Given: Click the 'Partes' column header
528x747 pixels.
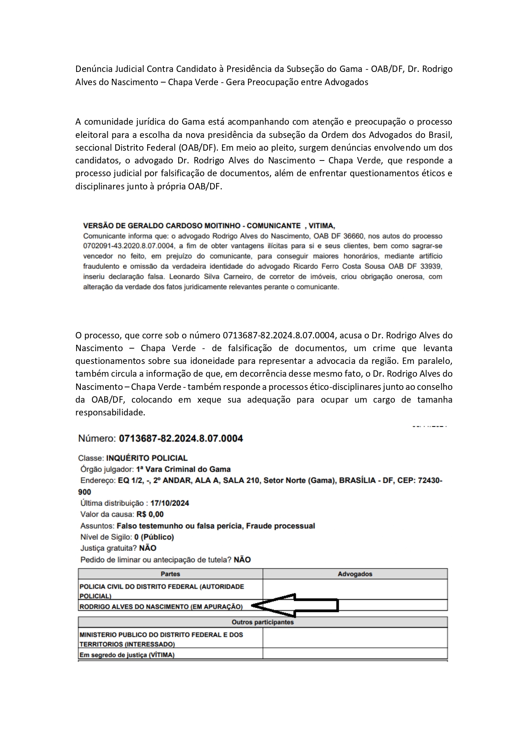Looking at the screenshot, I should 170,574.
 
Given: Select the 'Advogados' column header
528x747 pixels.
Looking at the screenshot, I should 355,574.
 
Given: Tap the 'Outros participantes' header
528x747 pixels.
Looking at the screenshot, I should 263,622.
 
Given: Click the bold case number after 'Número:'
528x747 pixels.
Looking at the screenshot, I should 181,438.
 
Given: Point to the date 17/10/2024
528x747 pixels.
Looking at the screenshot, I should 170,503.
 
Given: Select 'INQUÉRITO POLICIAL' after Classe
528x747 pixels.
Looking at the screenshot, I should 147,458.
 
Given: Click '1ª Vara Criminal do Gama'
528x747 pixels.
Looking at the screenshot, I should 183,469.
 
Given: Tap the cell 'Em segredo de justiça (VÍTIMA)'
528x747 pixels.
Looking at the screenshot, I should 127,655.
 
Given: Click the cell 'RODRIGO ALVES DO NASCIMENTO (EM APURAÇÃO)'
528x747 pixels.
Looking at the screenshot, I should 161,607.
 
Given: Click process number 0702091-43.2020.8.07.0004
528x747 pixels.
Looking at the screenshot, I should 123,246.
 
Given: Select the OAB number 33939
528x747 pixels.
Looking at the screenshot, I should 431,266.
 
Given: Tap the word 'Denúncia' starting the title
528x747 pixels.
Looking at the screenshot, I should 93,69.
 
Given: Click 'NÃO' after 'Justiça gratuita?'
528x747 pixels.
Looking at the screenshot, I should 148,548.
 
